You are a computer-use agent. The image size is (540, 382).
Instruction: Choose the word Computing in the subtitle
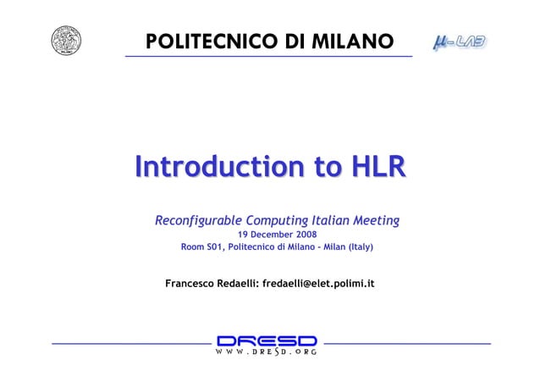point(285,221)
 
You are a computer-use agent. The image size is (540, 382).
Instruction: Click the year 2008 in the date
point(305,234)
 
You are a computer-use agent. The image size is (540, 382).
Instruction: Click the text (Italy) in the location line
point(358,246)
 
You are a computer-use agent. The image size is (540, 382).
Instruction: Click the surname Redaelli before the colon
point(239,281)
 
